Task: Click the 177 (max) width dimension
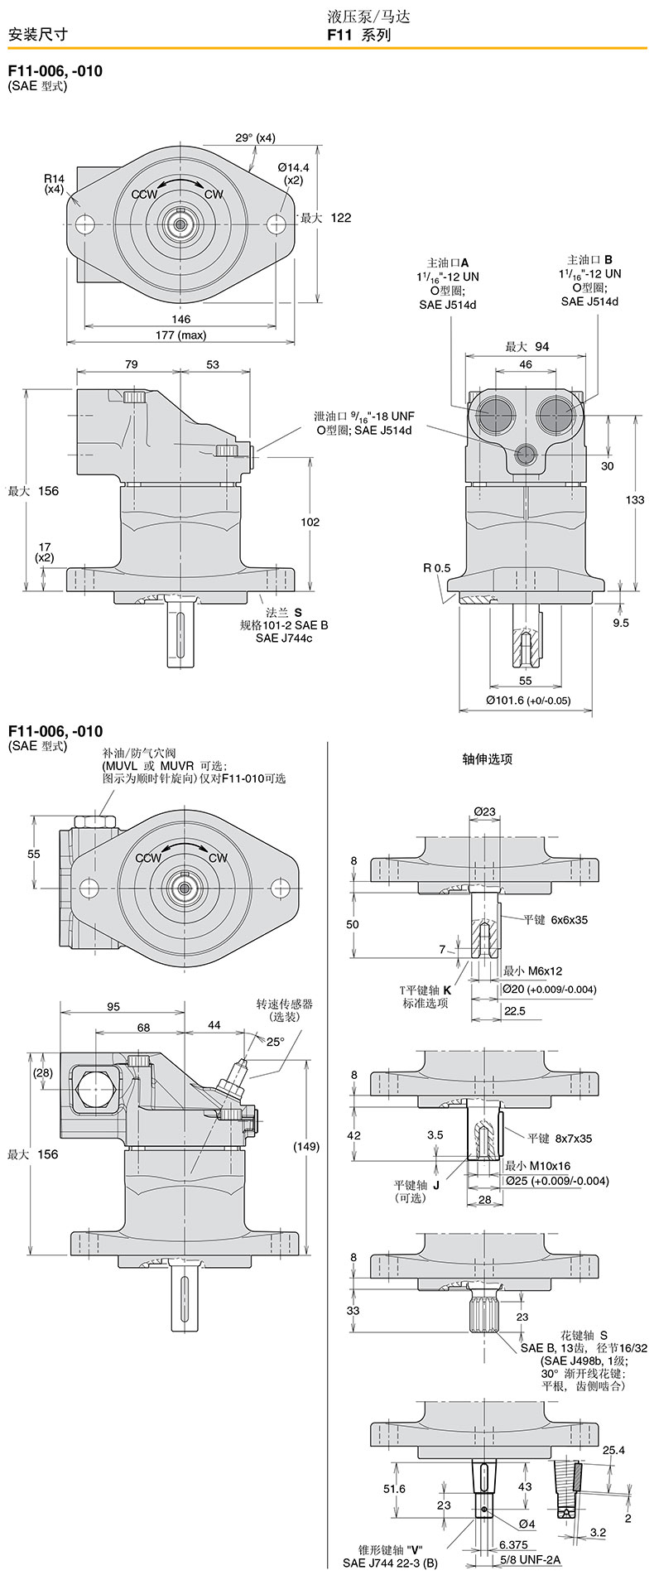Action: (x=180, y=335)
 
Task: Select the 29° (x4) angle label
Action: (x=255, y=137)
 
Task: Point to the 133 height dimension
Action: (x=635, y=499)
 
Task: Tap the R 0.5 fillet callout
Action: (x=437, y=568)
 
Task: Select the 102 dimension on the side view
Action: (x=310, y=522)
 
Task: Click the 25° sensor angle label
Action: (x=275, y=1042)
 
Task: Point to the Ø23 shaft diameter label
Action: (x=485, y=812)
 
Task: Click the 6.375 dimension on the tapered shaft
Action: (x=513, y=1544)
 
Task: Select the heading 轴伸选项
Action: (x=488, y=759)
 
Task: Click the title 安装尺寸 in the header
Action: (x=37, y=34)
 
